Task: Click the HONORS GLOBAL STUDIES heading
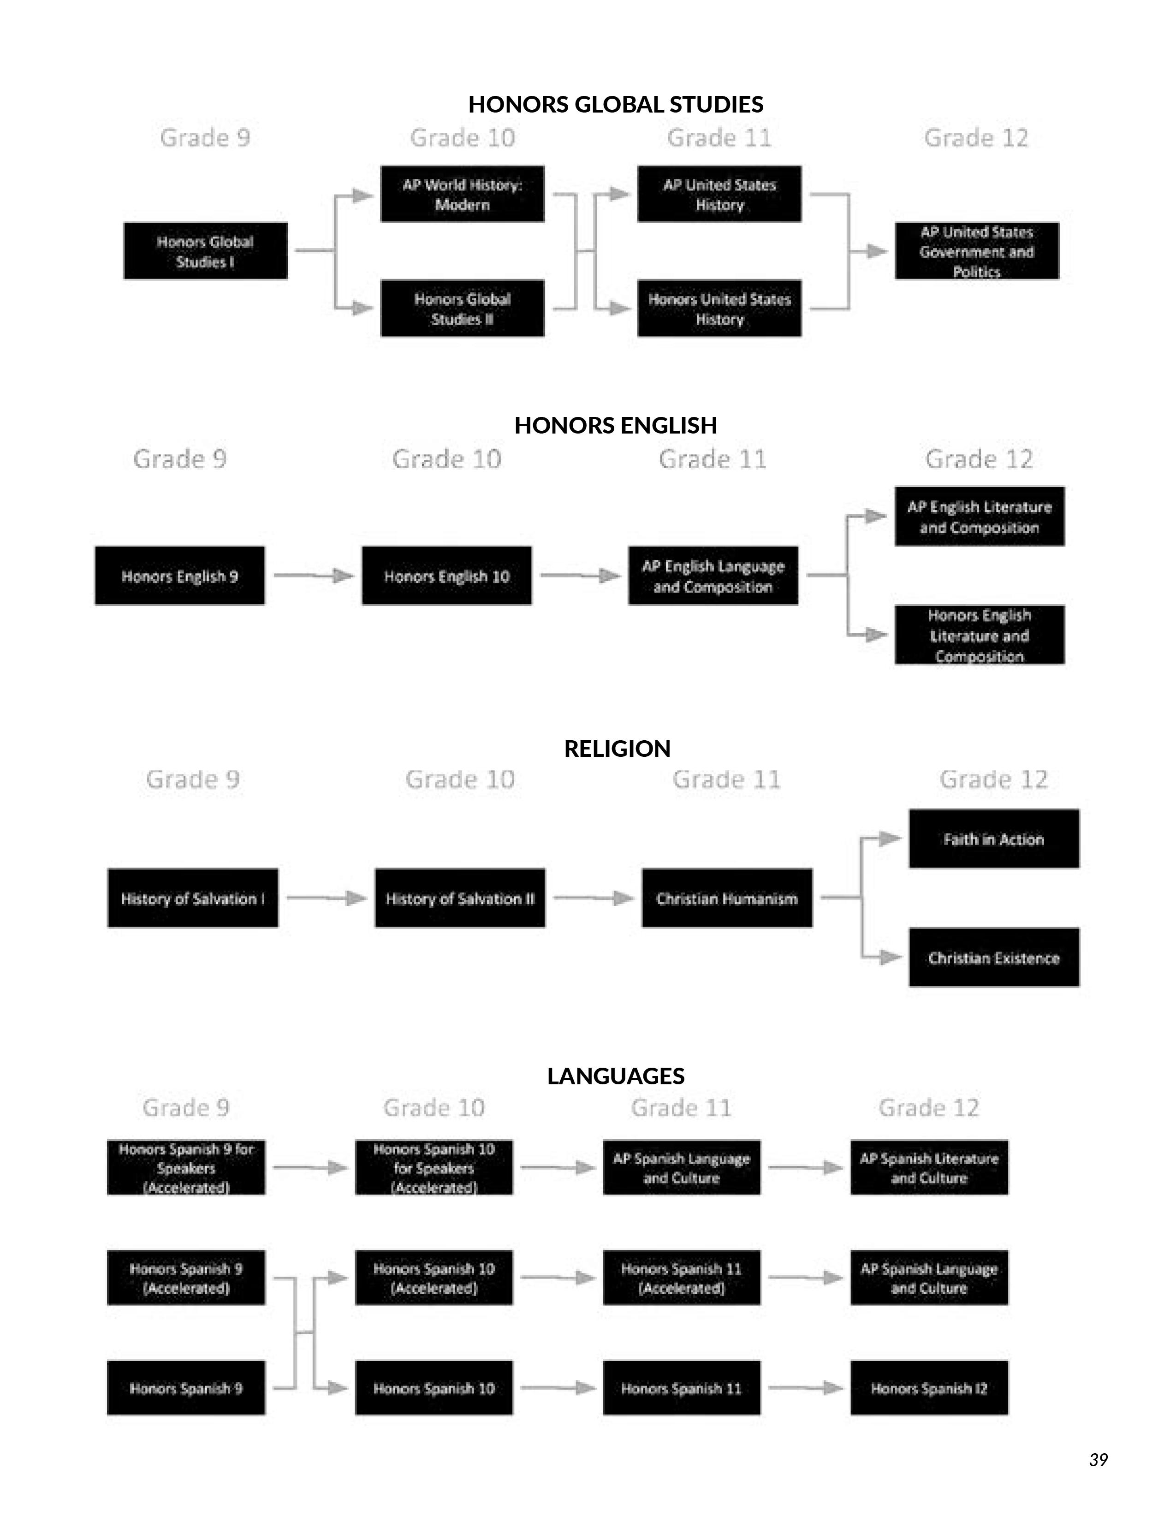tap(615, 105)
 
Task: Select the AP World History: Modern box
tap(462, 195)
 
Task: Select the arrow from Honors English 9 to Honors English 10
tap(314, 576)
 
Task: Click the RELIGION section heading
tap(617, 749)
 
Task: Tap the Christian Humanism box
tap(727, 898)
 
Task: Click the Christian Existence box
tap(993, 957)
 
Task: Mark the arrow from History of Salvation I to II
tap(326, 898)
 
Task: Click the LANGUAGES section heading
tap(615, 1076)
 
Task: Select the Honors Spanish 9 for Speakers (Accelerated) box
tap(186, 1168)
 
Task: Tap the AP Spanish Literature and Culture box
tap(929, 1168)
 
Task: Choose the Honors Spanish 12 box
tap(929, 1388)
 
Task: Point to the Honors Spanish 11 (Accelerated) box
tap(681, 1278)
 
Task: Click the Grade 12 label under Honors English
tap(979, 459)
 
